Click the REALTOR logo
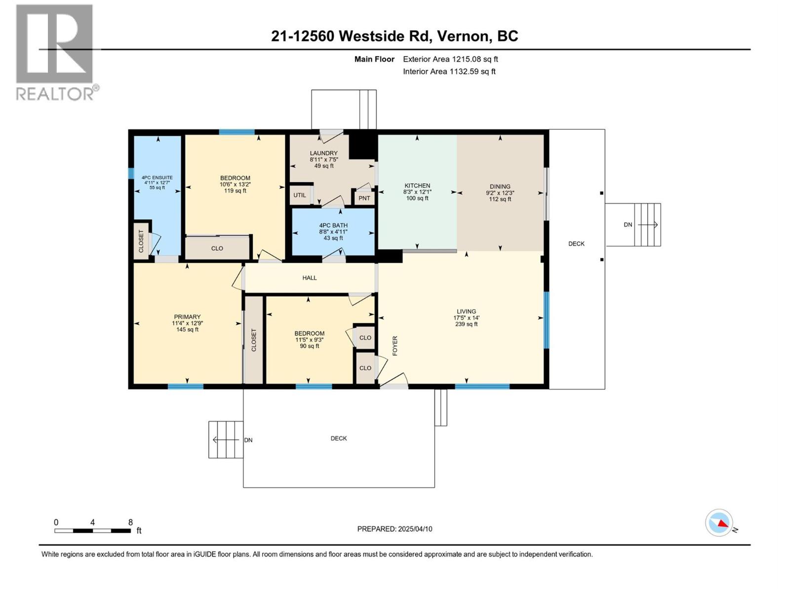(x=55, y=52)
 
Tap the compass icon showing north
(x=719, y=523)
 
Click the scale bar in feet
(x=92, y=531)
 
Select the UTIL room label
(x=300, y=195)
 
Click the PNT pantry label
(x=364, y=198)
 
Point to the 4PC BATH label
(x=333, y=225)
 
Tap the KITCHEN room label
(x=417, y=186)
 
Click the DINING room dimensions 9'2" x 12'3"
(x=500, y=193)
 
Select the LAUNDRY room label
(x=323, y=153)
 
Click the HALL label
(x=310, y=278)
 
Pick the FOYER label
(x=395, y=346)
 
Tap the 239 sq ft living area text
(x=466, y=324)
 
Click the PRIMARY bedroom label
(x=187, y=317)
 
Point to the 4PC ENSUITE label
(x=157, y=177)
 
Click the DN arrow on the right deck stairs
(x=647, y=225)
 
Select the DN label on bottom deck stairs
(x=248, y=440)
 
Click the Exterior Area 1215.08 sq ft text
(x=450, y=59)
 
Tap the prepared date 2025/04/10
(x=414, y=529)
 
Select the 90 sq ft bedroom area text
(x=310, y=346)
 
